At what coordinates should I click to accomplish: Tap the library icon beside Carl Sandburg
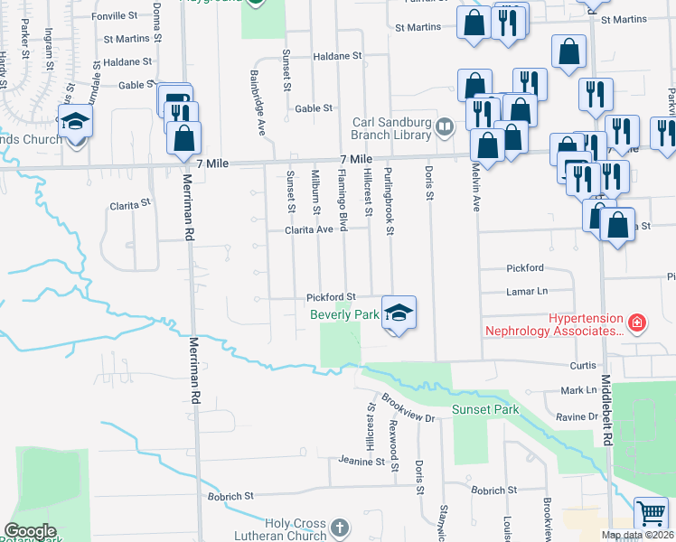(444, 127)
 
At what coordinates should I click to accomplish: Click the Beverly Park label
(344, 314)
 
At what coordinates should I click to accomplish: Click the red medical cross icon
(637, 322)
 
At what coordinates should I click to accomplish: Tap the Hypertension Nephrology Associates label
(555, 324)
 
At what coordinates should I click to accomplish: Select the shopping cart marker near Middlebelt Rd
(651, 514)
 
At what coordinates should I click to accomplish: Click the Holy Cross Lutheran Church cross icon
(339, 527)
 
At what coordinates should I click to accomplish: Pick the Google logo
(30, 531)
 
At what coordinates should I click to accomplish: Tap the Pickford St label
(331, 296)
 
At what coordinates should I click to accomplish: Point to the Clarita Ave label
(316, 230)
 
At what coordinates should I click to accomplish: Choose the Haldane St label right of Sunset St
(337, 56)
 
